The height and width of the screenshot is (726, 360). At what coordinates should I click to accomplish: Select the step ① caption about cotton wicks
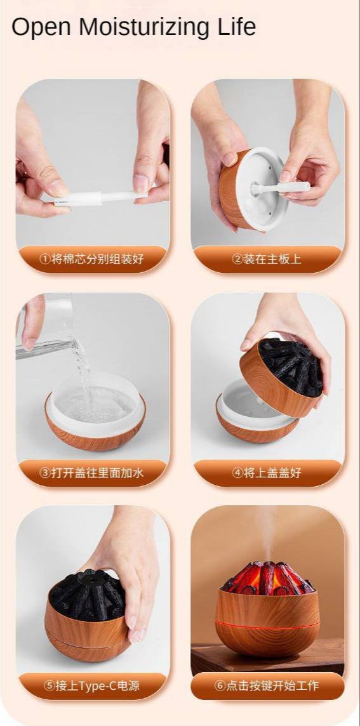point(93,260)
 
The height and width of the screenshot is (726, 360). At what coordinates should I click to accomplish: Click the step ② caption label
point(267,260)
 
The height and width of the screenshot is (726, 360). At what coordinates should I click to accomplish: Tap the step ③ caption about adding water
point(93,473)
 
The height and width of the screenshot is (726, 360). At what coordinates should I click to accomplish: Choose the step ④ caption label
point(267,473)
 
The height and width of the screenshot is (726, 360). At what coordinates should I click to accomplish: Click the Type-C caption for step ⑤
point(93,686)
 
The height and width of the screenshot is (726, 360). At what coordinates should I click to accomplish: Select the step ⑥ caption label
point(267,686)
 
